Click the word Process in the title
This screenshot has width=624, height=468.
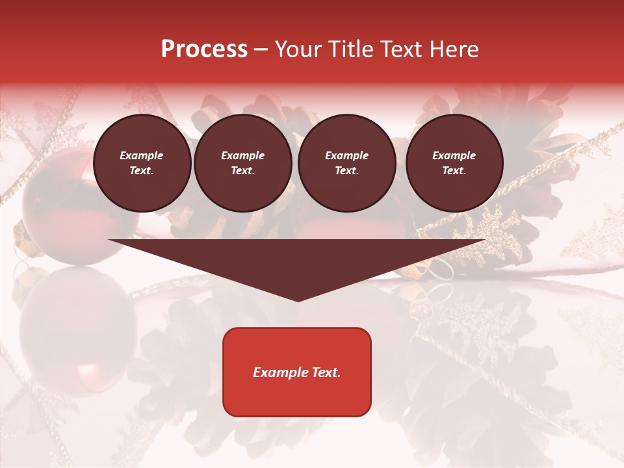coord(204,49)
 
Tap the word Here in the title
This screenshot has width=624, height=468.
coord(454,49)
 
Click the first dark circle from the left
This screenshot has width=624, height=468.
coord(142,163)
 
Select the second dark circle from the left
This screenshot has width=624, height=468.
coord(243,163)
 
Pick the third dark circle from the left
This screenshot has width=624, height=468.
coord(346,163)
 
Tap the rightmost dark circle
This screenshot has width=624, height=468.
coord(454,163)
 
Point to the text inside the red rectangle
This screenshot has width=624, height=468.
coord(297,372)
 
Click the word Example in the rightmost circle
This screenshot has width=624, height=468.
coord(454,155)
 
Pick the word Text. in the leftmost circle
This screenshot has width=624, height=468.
coord(142,171)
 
